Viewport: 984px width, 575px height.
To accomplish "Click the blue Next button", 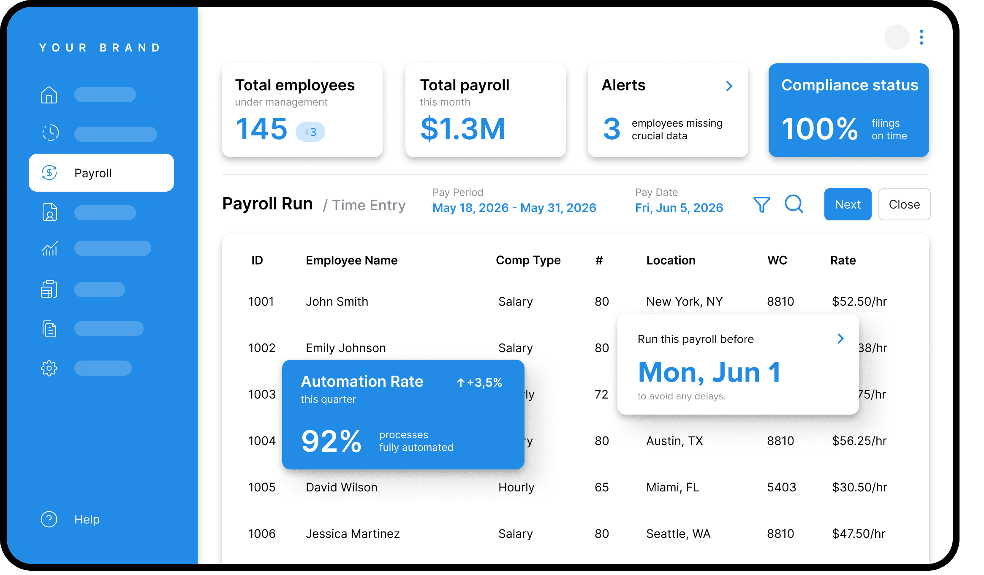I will pos(847,204).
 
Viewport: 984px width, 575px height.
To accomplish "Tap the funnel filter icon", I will pos(761,204).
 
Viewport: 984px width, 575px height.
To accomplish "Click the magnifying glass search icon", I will pos(794,204).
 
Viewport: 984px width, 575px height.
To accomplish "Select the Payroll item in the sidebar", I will pos(101,173).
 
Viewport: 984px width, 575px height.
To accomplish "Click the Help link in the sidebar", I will pos(87,519).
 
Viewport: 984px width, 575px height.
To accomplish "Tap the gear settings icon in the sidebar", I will pos(49,368).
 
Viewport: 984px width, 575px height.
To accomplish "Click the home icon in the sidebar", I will pos(49,95).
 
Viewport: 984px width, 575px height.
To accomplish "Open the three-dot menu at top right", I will pos(921,37).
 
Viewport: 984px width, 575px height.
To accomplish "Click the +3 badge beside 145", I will pos(310,132).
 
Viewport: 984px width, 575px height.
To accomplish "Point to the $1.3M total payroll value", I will pos(462,129).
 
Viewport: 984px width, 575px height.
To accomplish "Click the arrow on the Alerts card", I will pos(729,86).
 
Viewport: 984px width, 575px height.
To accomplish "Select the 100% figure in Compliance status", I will pos(820,129).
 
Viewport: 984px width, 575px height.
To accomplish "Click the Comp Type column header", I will pos(528,260).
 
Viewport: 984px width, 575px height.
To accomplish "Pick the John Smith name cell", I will pos(337,301).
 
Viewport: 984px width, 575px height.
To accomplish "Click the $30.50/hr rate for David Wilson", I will pos(859,487).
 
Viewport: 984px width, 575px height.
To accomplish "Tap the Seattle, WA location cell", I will pos(678,534).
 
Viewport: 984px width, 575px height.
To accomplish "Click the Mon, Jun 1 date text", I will pos(709,372).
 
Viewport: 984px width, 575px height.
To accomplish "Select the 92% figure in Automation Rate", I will pos(331,441).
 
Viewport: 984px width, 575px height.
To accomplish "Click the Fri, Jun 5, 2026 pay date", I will pos(679,208).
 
